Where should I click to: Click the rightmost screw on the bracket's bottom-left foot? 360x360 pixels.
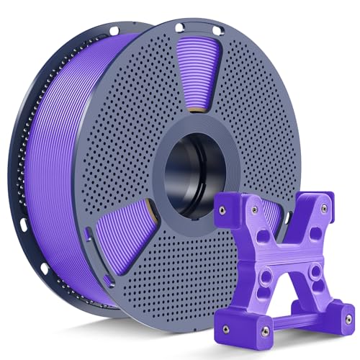coord(265,330)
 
